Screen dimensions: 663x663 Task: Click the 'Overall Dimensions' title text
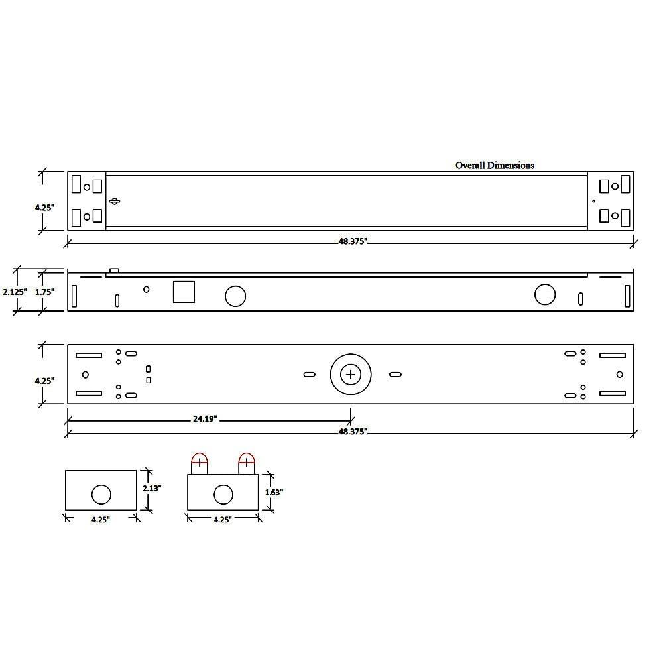point(495,165)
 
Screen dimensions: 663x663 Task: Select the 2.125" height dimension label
point(14,291)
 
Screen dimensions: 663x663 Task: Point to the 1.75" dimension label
point(45,291)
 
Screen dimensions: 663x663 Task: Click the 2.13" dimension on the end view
point(152,487)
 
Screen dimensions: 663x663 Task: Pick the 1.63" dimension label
point(274,492)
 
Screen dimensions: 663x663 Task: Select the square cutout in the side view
point(184,292)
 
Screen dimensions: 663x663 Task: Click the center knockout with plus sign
point(351,375)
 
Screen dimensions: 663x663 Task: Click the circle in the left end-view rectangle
point(101,494)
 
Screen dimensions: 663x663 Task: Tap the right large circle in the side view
point(545,294)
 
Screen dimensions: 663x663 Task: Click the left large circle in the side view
point(235,296)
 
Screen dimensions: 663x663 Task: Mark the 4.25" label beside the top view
point(45,207)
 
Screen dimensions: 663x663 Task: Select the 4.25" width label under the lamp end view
point(222,520)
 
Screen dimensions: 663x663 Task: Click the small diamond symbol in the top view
point(115,202)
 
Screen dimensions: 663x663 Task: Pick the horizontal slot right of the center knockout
point(395,375)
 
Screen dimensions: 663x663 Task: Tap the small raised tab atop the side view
point(114,270)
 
